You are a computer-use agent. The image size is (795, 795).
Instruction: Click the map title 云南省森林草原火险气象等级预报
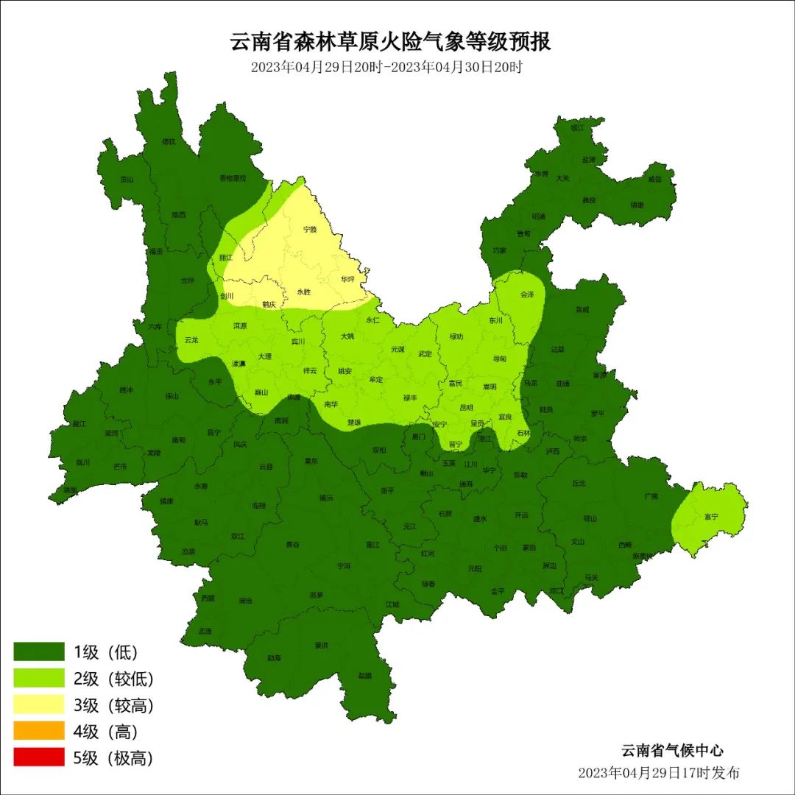click(x=391, y=42)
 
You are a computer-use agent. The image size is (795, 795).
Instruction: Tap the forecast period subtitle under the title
click(x=386, y=67)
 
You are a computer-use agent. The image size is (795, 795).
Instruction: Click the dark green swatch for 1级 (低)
click(x=39, y=651)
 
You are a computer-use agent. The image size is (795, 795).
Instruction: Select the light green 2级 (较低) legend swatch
click(x=39, y=678)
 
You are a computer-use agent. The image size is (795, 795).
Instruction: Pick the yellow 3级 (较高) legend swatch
click(x=39, y=704)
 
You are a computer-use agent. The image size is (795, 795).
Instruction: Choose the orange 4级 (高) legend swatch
click(x=39, y=731)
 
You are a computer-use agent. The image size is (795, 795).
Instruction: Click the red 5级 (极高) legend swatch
click(x=39, y=757)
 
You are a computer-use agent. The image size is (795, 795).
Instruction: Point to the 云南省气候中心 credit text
click(x=671, y=751)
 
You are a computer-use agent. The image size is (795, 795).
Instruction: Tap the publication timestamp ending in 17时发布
click(x=659, y=773)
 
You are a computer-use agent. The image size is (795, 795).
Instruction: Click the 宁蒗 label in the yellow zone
click(x=310, y=230)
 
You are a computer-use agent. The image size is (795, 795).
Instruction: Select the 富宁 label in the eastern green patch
click(x=711, y=517)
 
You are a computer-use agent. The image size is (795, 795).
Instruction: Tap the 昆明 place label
click(x=467, y=407)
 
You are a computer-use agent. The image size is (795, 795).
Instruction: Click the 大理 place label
click(x=264, y=356)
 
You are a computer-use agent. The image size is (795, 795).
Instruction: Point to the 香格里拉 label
click(x=232, y=178)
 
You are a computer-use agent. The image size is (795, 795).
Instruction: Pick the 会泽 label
click(x=527, y=294)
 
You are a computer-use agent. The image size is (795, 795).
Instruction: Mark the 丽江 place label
click(x=225, y=258)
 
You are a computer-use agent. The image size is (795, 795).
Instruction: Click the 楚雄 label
click(x=354, y=422)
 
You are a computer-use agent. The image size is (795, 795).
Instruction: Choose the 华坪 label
click(x=347, y=280)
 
